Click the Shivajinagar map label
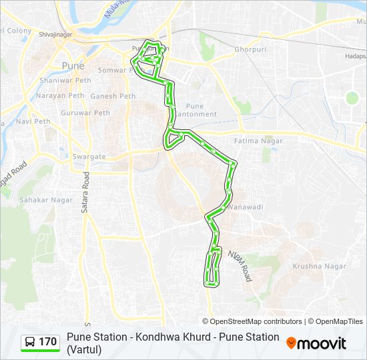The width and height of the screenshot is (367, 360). click(55, 33)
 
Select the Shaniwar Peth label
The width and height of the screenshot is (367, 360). click(65, 81)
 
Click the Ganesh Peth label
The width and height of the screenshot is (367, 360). click(113, 96)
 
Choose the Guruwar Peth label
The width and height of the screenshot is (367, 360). click(85, 113)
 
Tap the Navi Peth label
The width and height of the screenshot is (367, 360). click(33, 121)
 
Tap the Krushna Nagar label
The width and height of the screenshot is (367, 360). click(320, 266)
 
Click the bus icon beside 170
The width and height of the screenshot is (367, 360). click(30, 342)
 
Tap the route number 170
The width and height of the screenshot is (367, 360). click(48, 342)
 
